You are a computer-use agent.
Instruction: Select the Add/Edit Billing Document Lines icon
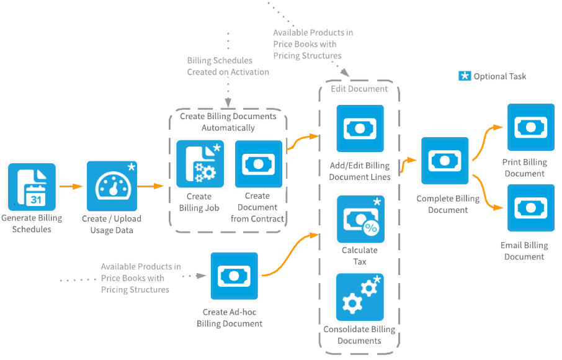[360, 129]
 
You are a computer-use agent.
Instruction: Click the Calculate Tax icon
[360, 219]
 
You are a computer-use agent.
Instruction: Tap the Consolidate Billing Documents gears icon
[360, 297]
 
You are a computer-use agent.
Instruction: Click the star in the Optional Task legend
[465, 76]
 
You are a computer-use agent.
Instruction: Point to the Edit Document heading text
[359, 89]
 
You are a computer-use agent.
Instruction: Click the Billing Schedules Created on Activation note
[228, 66]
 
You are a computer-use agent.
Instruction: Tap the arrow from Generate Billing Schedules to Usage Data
[71, 186]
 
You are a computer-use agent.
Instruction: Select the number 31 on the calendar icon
[36, 199]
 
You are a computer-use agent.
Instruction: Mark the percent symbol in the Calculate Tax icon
[371, 228]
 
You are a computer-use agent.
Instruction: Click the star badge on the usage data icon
[131, 168]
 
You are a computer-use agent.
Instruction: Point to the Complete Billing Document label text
[447, 204]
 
